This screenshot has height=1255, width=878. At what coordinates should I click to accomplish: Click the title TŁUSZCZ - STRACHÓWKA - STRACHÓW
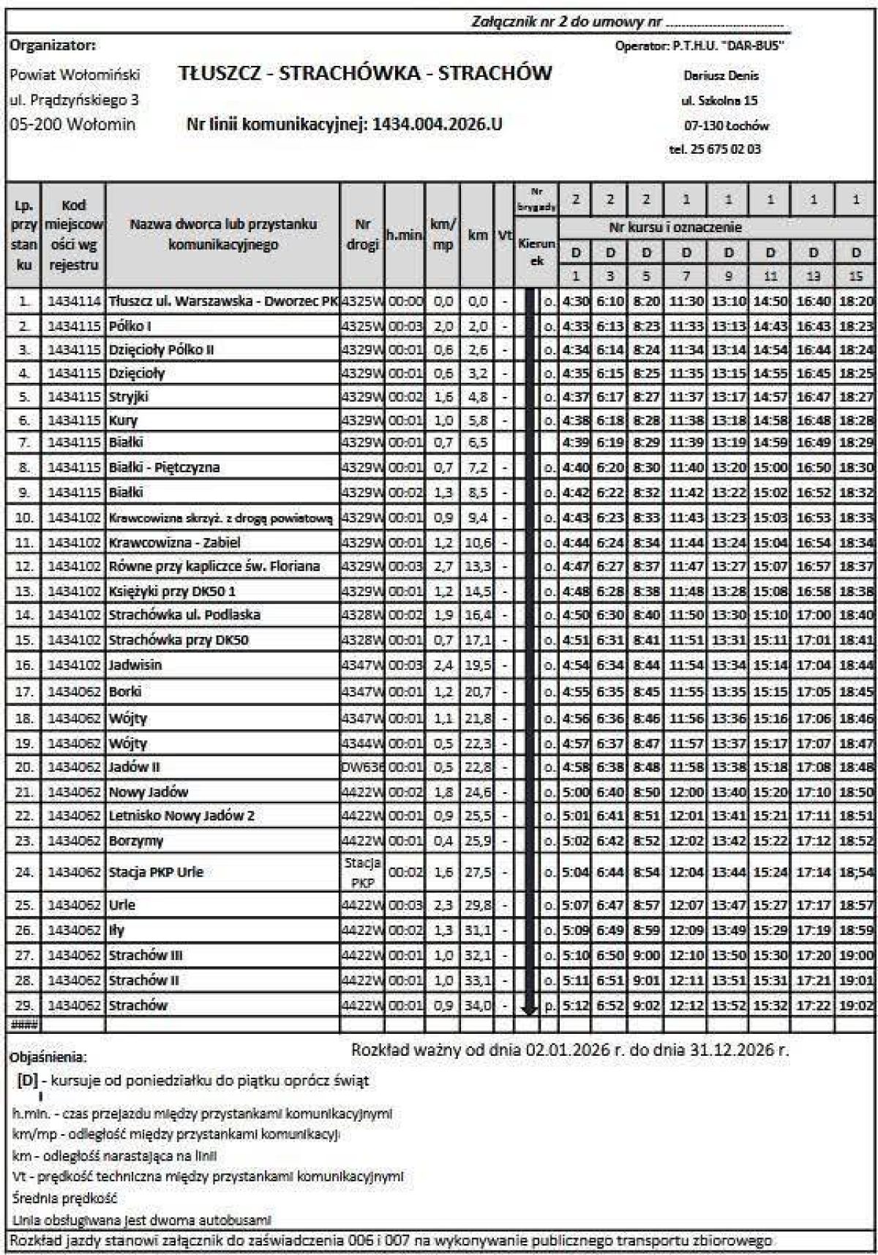364,73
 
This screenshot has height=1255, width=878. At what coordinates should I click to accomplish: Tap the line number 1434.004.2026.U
437,124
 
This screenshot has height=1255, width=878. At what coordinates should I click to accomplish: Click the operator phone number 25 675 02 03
715,149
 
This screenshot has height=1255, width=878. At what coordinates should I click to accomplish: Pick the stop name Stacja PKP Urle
156,872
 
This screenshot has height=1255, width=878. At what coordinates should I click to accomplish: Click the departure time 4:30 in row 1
575,302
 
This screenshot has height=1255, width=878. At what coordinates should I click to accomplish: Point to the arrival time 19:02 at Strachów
856,1005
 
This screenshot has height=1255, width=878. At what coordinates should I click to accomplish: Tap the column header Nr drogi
362,235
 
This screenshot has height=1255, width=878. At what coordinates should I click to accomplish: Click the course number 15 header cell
856,276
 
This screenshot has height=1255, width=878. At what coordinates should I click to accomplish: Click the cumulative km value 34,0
479,1005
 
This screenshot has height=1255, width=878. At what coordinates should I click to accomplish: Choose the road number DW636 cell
362,767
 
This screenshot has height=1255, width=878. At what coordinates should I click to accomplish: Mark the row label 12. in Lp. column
24,566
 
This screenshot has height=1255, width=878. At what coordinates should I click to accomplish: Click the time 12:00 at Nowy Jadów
686,792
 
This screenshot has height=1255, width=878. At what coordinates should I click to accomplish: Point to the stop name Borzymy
136,841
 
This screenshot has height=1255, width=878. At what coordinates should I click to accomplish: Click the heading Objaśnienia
48,1057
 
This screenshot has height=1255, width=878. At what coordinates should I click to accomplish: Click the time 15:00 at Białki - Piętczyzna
770,468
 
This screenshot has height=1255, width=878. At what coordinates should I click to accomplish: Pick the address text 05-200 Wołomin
72,124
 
